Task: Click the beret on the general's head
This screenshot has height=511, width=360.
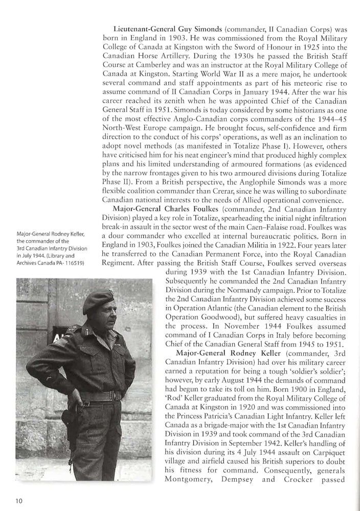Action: click(98, 301)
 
